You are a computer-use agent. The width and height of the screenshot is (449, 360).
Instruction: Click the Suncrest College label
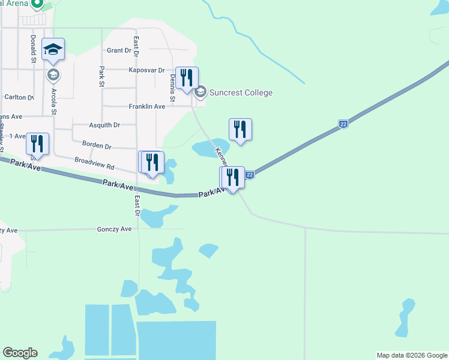pyautogui.click(x=241, y=92)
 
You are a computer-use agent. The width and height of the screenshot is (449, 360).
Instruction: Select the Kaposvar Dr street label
pyautogui.click(x=146, y=70)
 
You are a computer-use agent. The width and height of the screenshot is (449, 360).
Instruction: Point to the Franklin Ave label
pyautogui.click(x=146, y=106)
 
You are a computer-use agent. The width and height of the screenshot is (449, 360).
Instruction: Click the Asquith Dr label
pyautogui.click(x=104, y=125)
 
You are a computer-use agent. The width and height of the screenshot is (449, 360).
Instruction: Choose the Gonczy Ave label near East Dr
pyautogui.click(x=114, y=229)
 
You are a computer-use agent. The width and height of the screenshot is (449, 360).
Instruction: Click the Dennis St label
pyautogui.click(x=172, y=91)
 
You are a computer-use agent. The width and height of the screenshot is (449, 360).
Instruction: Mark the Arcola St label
pyautogui.click(x=54, y=101)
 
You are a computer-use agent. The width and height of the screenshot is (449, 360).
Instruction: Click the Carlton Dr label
pyautogui.click(x=19, y=97)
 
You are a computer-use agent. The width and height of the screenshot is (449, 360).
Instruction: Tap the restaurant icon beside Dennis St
pyautogui.click(x=187, y=79)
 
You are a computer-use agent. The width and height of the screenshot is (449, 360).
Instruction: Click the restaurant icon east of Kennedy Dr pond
pyautogui.click(x=240, y=129)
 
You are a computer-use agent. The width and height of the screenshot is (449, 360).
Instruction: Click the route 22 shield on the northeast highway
pyautogui.click(x=343, y=124)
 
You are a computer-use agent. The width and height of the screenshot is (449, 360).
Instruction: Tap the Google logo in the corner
pyautogui.click(x=20, y=353)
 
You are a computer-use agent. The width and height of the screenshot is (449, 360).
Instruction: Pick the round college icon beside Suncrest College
pyautogui.click(x=200, y=92)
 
